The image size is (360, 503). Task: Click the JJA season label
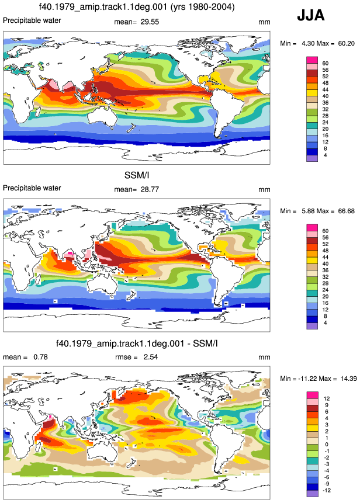[310, 15]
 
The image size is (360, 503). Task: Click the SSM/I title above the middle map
[137, 175]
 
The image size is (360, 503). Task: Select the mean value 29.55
[150, 22]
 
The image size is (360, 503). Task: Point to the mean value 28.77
[150, 190]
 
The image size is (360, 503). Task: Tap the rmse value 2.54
[150, 357]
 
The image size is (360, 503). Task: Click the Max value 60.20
[346, 44]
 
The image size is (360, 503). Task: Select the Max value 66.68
[346, 211]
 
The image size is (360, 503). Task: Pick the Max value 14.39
[348, 379]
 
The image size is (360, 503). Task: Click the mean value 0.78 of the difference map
[40, 357]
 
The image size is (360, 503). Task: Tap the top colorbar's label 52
[326, 77]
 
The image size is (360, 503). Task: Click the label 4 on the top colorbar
[325, 155]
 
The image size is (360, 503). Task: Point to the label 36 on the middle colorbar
[326, 270]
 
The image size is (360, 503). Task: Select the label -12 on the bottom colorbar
[326, 491]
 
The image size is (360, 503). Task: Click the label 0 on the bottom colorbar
[327, 445]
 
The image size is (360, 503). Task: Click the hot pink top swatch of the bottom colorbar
[312, 395]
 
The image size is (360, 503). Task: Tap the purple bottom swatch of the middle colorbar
[312, 326]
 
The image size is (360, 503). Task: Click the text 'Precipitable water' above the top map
[32, 20]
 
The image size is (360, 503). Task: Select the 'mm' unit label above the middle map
[264, 190]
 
